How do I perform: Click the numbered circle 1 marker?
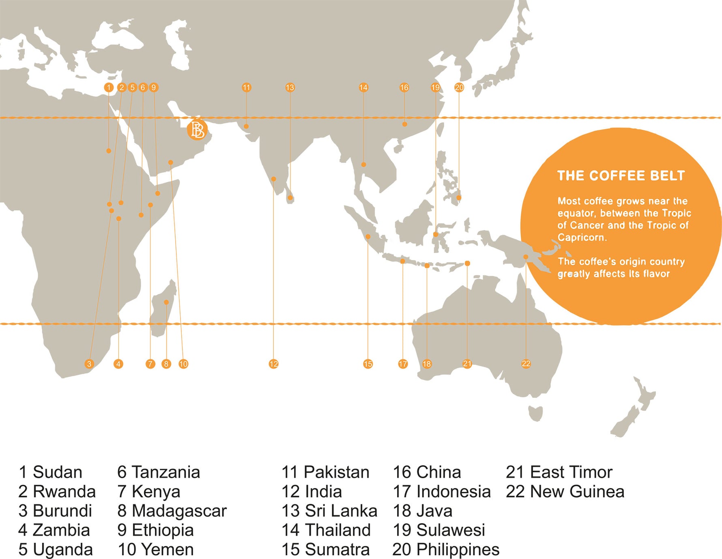click(x=109, y=87)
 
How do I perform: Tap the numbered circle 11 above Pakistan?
click(x=247, y=87)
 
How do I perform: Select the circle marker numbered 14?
click(x=363, y=87)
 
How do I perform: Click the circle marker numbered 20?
click(x=459, y=87)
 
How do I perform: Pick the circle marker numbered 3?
click(x=89, y=364)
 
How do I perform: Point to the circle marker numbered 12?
click(x=273, y=364)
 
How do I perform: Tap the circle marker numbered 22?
click(x=526, y=364)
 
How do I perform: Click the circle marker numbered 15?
click(x=368, y=364)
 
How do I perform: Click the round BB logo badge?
click(x=197, y=130)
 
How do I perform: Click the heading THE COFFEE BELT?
click(x=621, y=176)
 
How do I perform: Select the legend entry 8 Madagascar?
click(x=172, y=511)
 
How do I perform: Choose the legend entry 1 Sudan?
click(x=50, y=472)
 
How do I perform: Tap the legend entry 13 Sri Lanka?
click(x=329, y=511)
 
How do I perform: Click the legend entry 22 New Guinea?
click(x=565, y=492)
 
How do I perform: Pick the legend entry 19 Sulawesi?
click(x=439, y=530)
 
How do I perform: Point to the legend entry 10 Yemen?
click(x=156, y=550)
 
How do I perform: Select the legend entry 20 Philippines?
click(x=446, y=550)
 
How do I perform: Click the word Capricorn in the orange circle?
click(x=581, y=237)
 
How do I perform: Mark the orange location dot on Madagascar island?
click(x=166, y=302)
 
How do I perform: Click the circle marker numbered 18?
click(x=427, y=364)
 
